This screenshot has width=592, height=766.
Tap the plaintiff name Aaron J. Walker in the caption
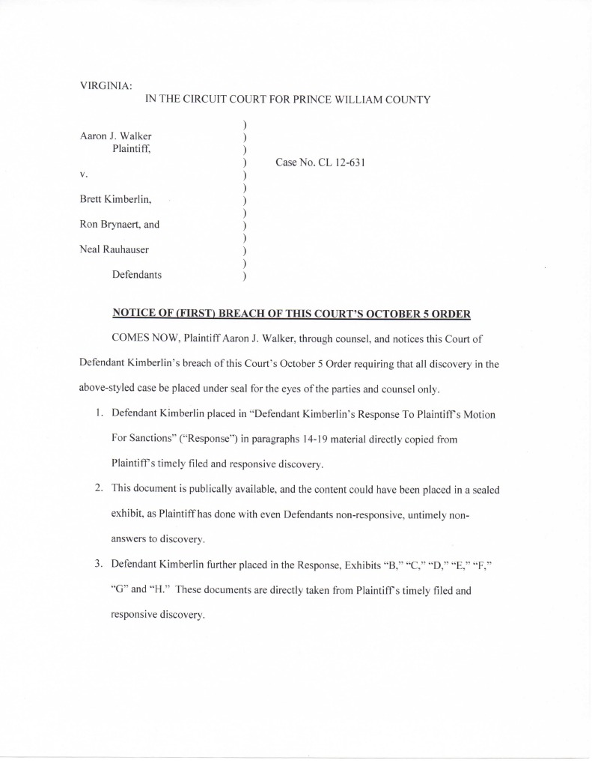point(115,136)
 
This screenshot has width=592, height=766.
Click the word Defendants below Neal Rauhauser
point(137,275)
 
